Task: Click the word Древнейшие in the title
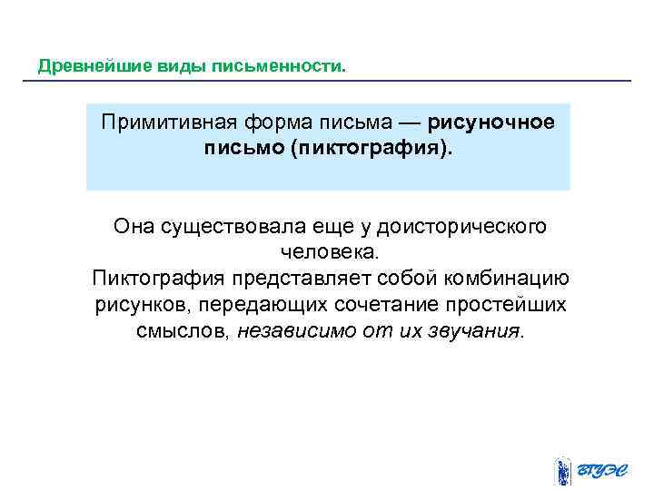point(80,67)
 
